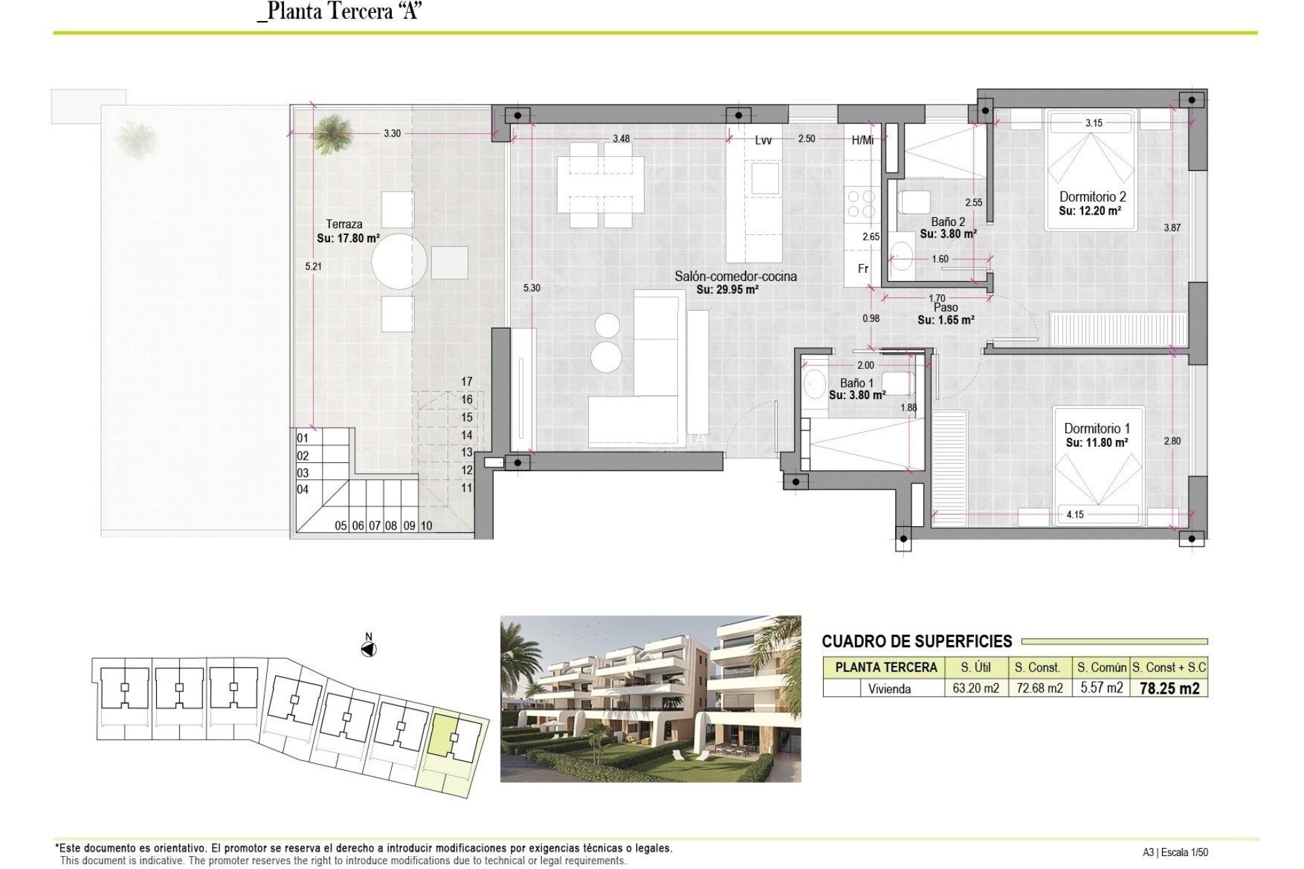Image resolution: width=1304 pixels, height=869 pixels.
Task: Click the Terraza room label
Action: coord(344,224)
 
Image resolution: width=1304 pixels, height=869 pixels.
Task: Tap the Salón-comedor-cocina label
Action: coord(736,276)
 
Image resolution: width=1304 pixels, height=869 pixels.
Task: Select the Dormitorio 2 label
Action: coord(1092,197)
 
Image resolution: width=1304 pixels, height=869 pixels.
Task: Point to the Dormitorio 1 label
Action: coord(1097,428)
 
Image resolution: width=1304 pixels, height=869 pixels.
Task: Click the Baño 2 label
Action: coord(947,222)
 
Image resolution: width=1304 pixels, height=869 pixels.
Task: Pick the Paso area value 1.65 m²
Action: coord(945,320)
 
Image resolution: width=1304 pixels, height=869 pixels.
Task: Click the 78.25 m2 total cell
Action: coord(1169,688)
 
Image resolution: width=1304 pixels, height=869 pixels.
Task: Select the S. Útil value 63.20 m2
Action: coord(975,688)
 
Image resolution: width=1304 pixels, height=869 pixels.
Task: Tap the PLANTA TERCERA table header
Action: coord(886,667)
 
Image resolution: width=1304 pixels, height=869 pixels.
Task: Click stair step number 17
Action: coord(467,382)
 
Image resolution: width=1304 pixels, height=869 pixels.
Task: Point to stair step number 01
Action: coord(303,439)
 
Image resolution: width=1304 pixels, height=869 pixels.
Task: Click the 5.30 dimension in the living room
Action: coord(532,288)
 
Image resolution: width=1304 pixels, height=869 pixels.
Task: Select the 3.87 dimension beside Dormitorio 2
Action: coord(1172,228)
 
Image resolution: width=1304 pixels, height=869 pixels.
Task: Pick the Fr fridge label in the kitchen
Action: coord(863,269)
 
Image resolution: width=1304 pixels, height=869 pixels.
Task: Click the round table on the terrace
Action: coord(399,261)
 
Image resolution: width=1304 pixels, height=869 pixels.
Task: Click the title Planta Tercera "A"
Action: coord(340,12)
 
